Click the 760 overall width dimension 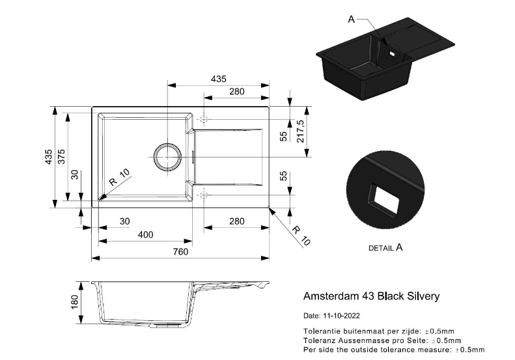(x=180, y=251)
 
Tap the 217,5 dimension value (x=301, y=131)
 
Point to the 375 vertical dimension (x=61, y=158)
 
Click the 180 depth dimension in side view (x=74, y=301)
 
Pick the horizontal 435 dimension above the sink (x=218, y=79)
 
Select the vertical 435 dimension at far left (x=48, y=158)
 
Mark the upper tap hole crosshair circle (x=204, y=120)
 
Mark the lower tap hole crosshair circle (x=204, y=194)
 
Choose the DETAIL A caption (x=385, y=248)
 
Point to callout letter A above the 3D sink (x=351, y=20)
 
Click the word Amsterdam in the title (x=329, y=296)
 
